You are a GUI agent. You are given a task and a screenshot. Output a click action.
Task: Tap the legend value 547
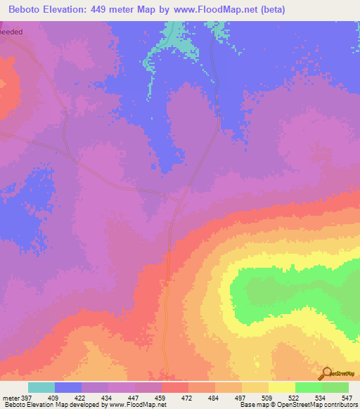coord(347,397)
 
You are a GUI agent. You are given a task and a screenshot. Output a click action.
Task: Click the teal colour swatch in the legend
coord(41,387)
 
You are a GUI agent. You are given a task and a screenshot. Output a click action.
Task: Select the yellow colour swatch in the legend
coord(282,387)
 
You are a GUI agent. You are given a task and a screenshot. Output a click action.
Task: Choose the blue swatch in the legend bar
coord(68,387)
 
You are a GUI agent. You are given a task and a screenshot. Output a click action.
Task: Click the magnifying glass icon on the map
coord(326,373)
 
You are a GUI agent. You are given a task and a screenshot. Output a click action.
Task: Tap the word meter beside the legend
coord(10,397)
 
